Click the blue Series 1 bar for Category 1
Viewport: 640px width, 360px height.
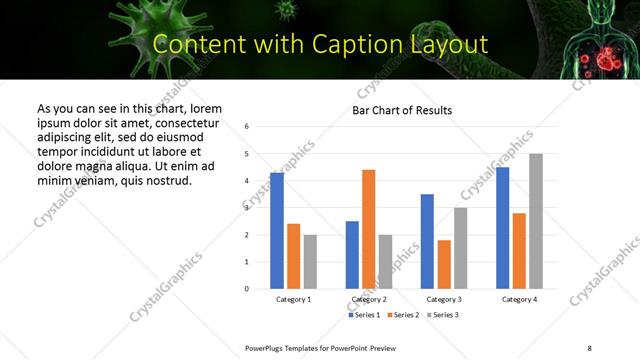pos(277,231)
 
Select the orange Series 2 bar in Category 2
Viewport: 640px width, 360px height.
pos(368,229)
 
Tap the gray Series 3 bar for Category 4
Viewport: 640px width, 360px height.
pos(536,221)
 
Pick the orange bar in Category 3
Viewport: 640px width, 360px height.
pos(444,264)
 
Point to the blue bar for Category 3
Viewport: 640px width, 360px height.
pos(427,241)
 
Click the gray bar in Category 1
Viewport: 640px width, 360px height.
pos(310,262)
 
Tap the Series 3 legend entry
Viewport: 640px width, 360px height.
pos(441,315)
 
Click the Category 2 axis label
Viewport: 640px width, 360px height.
pos(369,300)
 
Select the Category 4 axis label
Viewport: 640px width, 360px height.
pos(519,300)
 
